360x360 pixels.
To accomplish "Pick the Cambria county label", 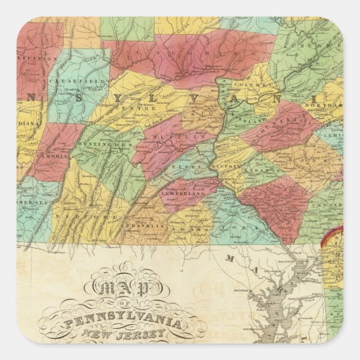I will [51, 158].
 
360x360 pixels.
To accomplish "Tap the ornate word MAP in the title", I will [116, 288].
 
